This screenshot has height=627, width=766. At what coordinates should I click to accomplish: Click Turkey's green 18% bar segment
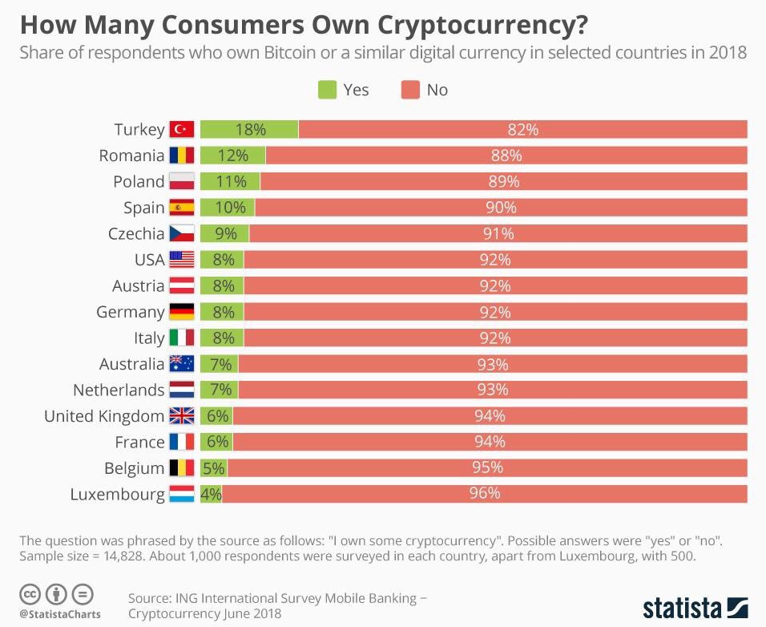pos(248,129)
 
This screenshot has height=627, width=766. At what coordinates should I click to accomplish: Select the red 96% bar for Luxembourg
pos(485,494)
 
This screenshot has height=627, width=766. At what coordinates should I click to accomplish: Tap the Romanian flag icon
pos(182,156)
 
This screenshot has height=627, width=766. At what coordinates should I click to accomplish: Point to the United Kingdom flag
pos(182,416)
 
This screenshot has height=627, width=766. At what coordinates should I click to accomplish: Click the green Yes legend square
pos(328,90)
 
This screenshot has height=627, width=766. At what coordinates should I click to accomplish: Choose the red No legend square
pos(410,90)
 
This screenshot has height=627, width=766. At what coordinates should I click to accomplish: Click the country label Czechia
pos(136,234)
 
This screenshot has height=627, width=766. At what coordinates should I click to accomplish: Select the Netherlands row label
pos(119,390)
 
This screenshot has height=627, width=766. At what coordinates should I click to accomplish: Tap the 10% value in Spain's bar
pos(230,208)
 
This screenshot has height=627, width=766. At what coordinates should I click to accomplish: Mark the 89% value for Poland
pos(504,181)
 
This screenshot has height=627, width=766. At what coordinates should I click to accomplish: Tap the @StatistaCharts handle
pos(59,614)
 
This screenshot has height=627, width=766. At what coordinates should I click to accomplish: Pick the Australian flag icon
pos(182,364)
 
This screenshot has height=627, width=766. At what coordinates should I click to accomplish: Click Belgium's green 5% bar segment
pos(213,468)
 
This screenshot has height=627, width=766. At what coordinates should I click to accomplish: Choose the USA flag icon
pos(182,260)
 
